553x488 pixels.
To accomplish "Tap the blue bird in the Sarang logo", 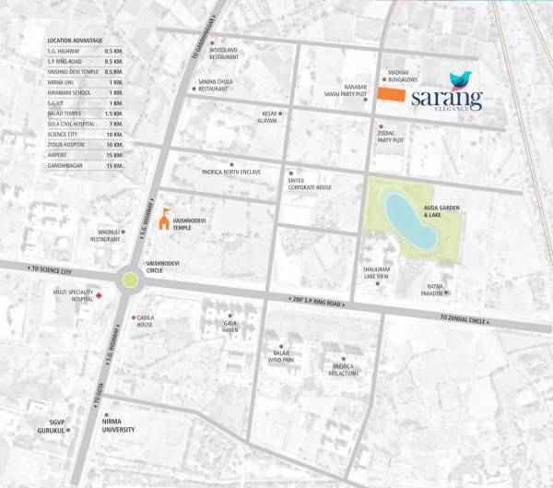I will (460, 80).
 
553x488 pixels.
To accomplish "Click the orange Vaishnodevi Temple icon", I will (165, 219).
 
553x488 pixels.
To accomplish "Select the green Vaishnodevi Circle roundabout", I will (130, 279).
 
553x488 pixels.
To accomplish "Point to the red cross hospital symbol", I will (100, 295).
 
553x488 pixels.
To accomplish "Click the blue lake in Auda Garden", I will (411, 220).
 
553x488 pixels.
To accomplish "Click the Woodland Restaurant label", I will (224, 53).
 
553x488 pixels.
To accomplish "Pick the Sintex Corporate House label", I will (310, 184).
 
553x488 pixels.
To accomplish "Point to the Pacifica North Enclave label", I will (231, 172).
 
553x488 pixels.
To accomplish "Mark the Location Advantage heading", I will (76, 42).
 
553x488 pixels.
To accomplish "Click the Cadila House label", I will (145, 322).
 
